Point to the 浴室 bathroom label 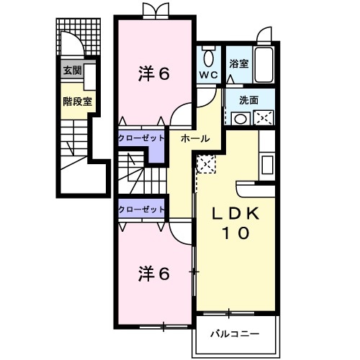[x=239, y=64]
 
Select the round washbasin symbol [x=240, y=118]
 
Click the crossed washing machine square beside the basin [x=262, y=118]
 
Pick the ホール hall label [x=195, y=137]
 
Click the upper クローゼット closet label [x=141, y=136]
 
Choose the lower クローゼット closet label [x=141, y=209]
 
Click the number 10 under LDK [x=235, y=233]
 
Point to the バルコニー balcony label [x=234, y=333]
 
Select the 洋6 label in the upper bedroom [x=153, y=74]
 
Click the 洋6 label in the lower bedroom [x=154, y=274]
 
